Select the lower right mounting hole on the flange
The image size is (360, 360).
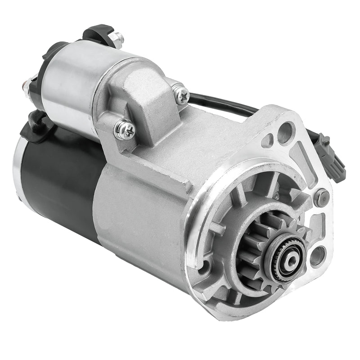(317, 256)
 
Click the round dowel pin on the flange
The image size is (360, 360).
(321, 197)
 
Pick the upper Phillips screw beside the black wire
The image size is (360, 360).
(181, 94)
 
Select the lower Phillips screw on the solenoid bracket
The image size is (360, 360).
(125, 130)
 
